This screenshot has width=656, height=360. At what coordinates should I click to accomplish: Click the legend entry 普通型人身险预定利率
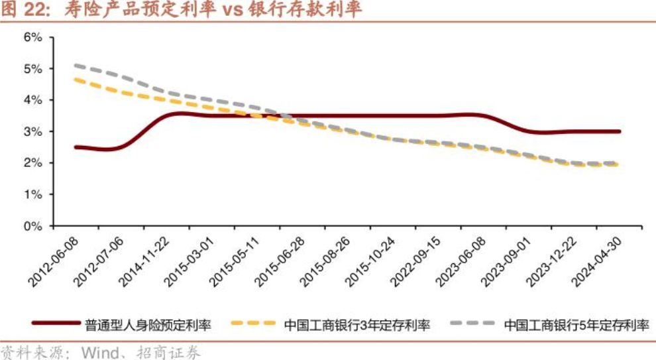coord(148,325)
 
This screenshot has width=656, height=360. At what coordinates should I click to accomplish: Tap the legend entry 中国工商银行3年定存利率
coord(356,325)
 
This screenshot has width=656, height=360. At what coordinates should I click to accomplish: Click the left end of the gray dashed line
coord(76,66)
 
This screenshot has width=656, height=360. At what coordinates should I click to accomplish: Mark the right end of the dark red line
coord(619,131)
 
